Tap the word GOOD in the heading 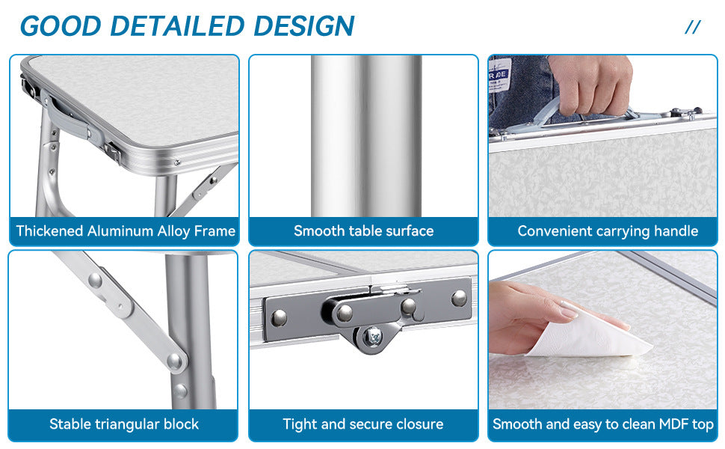point(61,26)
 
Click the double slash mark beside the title point(693,27)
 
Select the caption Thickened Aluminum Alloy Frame point(126,230)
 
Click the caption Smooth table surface point(364,230)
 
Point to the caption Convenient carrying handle point(608,231)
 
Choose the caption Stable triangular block point(124,424)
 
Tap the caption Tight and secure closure point(363,424)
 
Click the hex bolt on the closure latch point(373,335)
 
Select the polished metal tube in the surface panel point(366,135)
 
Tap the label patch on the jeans point(500,75)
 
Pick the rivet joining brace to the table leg point(175,360)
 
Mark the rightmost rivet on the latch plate point(459,298)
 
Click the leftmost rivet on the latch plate point(280,317)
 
